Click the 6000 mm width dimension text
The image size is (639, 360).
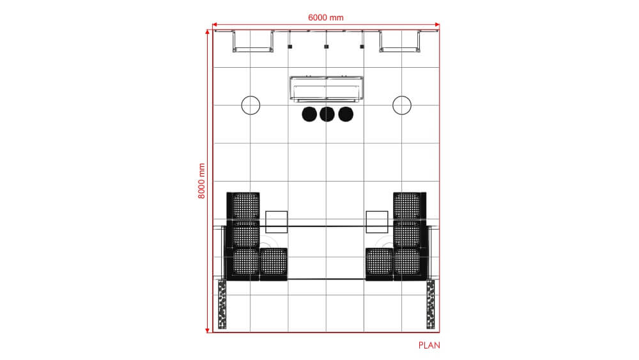click(326, 17)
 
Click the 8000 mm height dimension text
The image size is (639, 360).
click(202, 181)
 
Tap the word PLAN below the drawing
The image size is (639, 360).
click(429, 345)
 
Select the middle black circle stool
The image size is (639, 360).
click(327, 114)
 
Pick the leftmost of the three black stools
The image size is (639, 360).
click(309, 114)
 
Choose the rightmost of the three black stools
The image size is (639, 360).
click(346, 114)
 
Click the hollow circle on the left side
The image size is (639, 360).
click(250, 105)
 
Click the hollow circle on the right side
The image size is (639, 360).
click(401, 105)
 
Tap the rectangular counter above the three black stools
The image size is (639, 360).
click(327, 89)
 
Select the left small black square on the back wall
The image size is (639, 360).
click(289, 46)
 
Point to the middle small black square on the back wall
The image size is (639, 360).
click(326, 46)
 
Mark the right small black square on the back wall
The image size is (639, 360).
click(362, 46)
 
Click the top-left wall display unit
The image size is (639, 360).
click(252, 41)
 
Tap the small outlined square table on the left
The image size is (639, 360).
click(276, 221)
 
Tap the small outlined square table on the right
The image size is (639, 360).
click(377, 221)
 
